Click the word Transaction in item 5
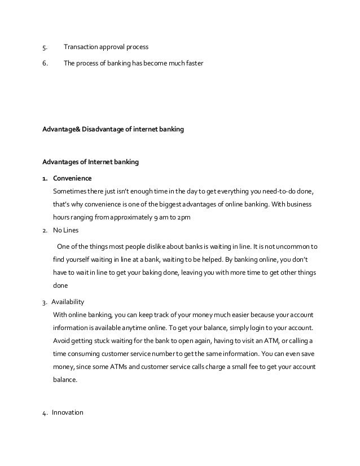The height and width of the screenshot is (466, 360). (81, 47)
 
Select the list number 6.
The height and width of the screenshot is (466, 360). (45, 63)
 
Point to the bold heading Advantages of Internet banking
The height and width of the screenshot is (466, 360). (90, 162)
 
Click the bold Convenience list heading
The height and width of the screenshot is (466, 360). (72, 178)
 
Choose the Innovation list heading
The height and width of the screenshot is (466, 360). (67, 412)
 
